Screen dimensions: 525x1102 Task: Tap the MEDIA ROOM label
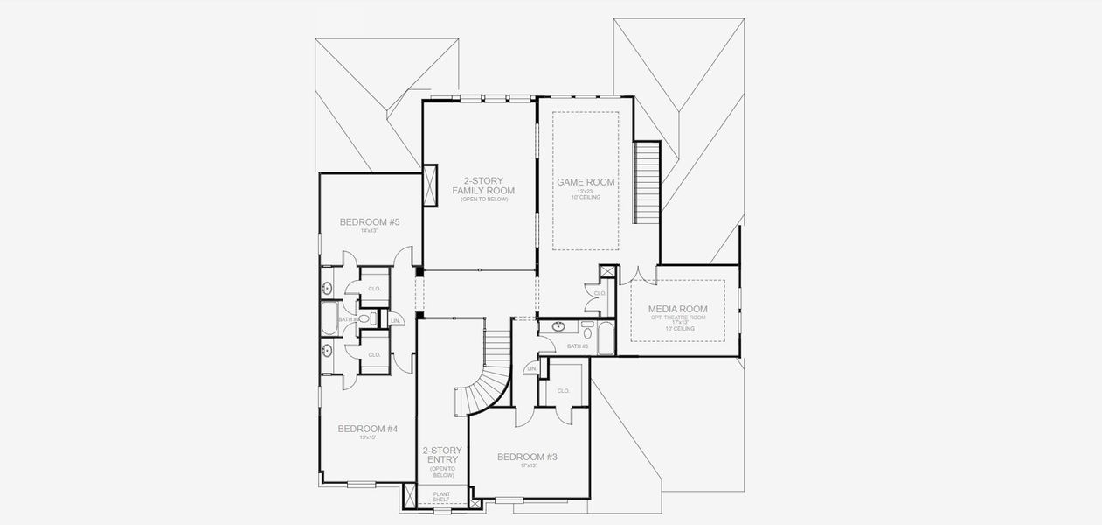pyautogui.click(x=677, y=309)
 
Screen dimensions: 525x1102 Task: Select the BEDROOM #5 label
pyautogui.click(x=369, y=222)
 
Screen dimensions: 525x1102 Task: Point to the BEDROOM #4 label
pyautogui.click(x=367, y=429)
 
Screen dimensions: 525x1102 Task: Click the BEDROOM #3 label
pyautogui.click(x=527, y=457)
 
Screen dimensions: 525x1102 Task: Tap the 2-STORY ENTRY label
pyautogui.click(x=442, y=455)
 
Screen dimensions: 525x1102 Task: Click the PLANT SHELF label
pyautogui.click(x=442, y=496)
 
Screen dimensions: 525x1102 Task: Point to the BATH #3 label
pyautogui.click(x=578, y=346)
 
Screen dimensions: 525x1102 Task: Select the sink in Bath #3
pyautogui.click(x=559, y=328)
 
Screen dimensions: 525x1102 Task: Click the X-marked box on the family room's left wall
pyautogui.click(x=430, y=185)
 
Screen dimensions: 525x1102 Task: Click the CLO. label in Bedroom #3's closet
pyautogui.click(x=563, y=390)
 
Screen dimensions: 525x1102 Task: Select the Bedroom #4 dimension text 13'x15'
pyautogui.click(x=367, y=437)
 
